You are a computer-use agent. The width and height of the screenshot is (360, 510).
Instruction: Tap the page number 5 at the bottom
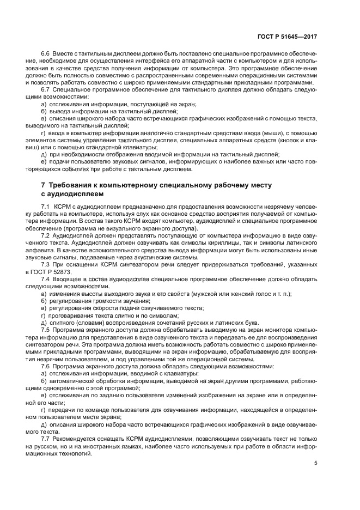click(x=316, y=464)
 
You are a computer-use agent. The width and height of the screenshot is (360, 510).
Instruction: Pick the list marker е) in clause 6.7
click(x=44, y=162)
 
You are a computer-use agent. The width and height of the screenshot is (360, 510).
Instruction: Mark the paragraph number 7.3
click(x=46, y=265)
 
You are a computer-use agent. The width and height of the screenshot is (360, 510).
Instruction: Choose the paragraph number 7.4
click(x=46, y=279)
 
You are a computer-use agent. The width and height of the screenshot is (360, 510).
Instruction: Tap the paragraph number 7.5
click(x=46, y=330)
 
